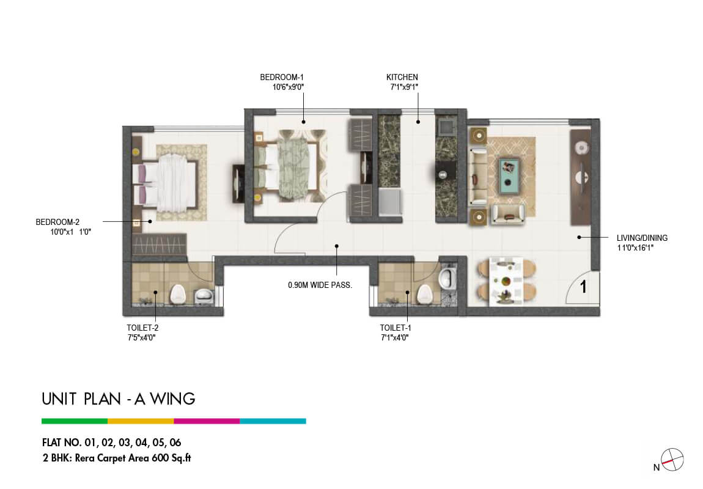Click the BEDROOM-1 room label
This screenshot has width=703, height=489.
tap(282, 77)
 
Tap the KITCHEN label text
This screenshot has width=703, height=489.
tap(402, 77)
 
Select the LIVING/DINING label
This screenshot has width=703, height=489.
tap(642, 238)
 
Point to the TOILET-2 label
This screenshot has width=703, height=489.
tap(142, 328)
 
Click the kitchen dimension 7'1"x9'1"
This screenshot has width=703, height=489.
tap(404, 87)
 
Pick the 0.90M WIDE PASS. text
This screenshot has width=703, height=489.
tap(320, 285)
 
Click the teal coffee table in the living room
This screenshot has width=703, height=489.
tap(510, 175)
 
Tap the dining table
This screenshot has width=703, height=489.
tap(506, 281)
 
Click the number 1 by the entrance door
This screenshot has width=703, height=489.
tap(583, 287)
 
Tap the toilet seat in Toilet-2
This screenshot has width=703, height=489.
tap(178, 294)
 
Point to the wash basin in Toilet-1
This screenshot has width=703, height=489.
tap(447, 279)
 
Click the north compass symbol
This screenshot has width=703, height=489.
tap(672, 460)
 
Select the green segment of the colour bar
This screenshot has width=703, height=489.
tap(75, 421)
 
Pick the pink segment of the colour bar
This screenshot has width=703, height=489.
tap(207, 421)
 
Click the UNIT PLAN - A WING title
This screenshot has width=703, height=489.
tap(119, 399)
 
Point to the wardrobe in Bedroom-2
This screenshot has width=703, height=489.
tap(159, 244)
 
